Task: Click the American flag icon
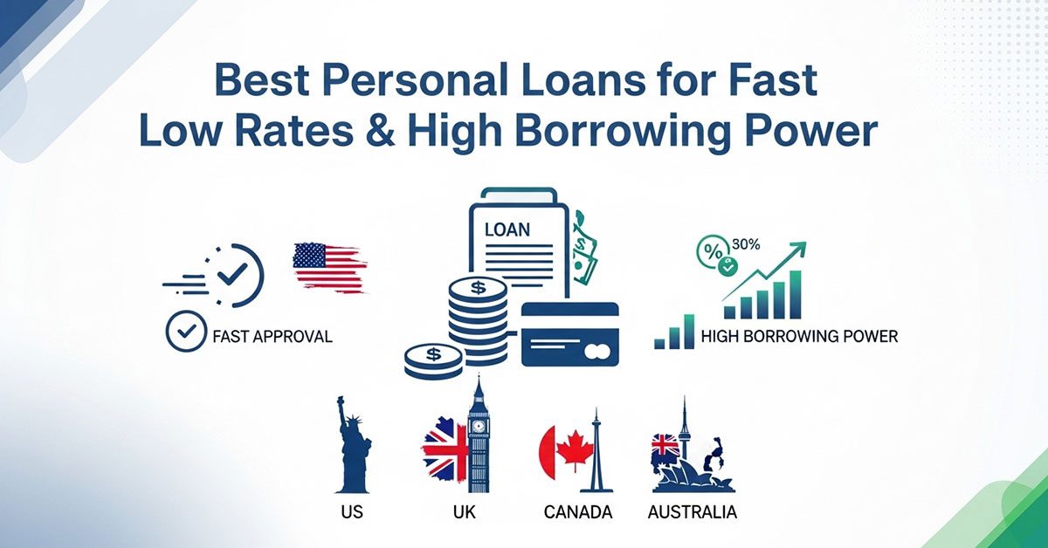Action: coord(329,267)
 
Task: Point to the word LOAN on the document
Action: coord(506,230)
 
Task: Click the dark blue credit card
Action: coord(569,333)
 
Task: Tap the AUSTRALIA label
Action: coord(692,512)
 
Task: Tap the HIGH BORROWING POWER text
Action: coord(800,336)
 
